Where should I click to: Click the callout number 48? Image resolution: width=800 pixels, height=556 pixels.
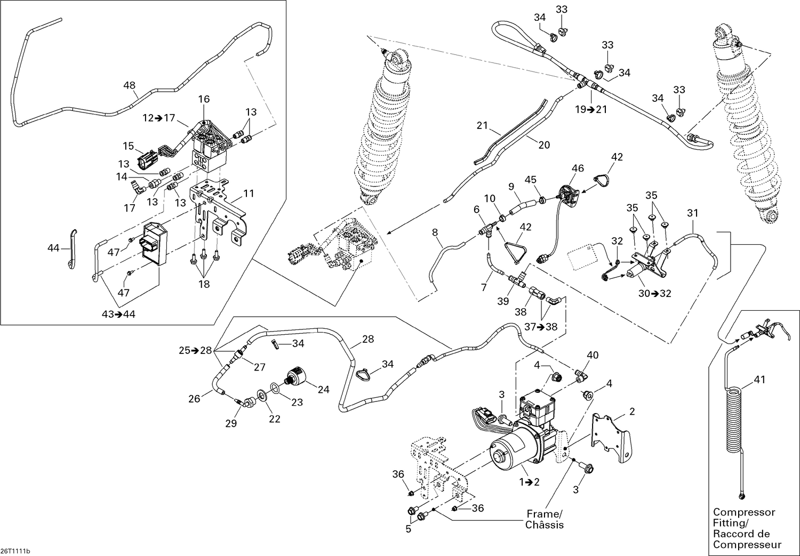[x=129, y=85]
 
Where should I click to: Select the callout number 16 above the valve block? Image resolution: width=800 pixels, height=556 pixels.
[x=204, y=99]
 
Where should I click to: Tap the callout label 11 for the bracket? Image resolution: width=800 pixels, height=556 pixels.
[x=249, y=194]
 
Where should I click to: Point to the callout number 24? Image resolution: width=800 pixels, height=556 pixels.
[x=323, y=390]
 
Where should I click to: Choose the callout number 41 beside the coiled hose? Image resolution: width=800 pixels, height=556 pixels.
[x=759, y=380]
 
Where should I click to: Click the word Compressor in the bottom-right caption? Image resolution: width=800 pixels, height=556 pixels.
[x=743, y=512]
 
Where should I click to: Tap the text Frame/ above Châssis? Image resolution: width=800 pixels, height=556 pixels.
[x=544, y=514]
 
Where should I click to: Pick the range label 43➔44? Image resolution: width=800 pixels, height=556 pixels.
[x=118, y=314]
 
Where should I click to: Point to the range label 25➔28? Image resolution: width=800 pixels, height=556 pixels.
[x=196, y=351]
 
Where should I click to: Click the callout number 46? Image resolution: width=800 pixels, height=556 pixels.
[x=578, y=168]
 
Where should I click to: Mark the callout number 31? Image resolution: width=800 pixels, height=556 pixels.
[x=692, y=213]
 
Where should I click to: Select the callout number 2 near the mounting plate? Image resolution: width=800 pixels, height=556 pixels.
[x=632, y=411]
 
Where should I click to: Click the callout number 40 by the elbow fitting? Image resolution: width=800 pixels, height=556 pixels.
[x=593, y=355]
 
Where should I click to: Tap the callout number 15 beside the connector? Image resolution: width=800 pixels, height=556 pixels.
[x=129, y=146]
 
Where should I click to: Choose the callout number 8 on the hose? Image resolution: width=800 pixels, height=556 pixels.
[x=435, y=232]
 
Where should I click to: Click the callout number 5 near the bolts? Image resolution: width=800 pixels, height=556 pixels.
[x=409, y=529]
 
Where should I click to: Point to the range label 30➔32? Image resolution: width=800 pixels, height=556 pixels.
[x=654, y=293]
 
